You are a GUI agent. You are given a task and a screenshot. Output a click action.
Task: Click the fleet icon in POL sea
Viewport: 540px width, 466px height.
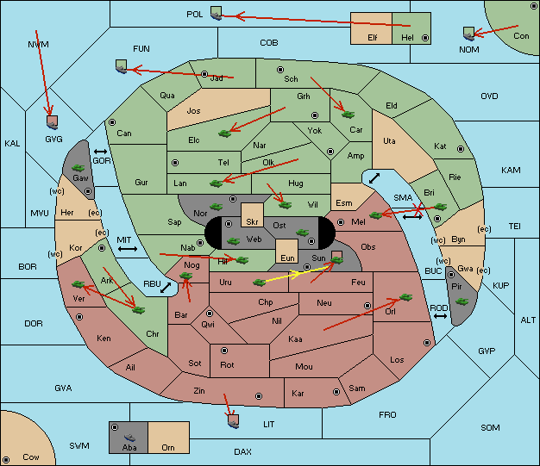tap(216, 13)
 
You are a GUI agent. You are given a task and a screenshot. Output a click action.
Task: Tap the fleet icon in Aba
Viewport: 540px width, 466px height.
tap(130, 437)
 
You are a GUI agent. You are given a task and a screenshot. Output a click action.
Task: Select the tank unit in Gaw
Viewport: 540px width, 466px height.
tap(78, 168)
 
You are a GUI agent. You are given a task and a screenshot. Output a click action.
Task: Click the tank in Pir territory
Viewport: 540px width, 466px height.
tap(462, 301)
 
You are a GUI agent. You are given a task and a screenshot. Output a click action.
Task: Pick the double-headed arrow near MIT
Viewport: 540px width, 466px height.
tap(128, 249)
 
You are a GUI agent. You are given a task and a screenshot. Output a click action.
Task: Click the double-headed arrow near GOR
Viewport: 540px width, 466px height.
tap(100, 152)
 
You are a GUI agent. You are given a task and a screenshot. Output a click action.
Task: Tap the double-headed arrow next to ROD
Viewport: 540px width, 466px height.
tap(440, 316)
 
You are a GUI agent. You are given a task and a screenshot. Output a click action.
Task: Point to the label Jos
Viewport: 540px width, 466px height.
tap(193, 111)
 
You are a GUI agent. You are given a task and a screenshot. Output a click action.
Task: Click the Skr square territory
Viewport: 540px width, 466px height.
tap(252, 214)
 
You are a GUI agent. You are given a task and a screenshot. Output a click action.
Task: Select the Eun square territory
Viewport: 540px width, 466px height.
tap(287, 251)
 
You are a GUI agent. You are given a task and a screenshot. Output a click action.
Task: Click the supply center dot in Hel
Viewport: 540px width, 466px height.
tap(425, 38)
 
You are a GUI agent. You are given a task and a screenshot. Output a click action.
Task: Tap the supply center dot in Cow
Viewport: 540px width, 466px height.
tap(6, 459)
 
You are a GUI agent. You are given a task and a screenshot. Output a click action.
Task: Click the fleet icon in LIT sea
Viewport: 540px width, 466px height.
tap(233, 421)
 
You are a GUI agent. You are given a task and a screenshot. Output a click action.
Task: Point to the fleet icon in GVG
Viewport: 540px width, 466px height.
tap(52, 122)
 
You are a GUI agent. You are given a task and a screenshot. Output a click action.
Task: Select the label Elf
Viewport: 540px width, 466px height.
tap(373, 38)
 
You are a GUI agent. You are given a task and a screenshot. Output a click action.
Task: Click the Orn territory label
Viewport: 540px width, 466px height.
tap(168, 447)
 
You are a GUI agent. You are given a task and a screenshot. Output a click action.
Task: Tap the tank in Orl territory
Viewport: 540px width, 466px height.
tap(405, 297)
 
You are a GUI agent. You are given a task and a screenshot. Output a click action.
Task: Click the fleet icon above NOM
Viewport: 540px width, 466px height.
tap(468, 34)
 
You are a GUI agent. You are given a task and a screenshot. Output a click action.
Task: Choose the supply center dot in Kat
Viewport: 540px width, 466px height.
tap(461, 149)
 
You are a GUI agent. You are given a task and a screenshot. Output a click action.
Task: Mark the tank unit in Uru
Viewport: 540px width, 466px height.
tap(259, 283)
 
